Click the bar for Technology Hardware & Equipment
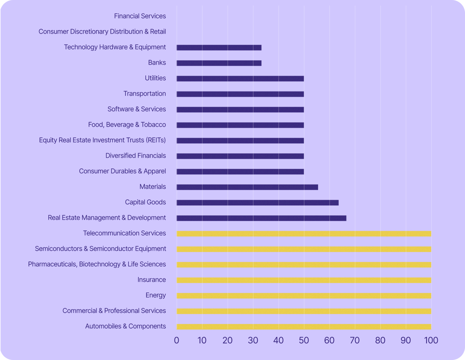tap(219, 48)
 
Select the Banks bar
tap(219, 63)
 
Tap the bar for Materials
tap(247, 187)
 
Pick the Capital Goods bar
tap(258, 203)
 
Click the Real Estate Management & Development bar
tap(261, 218)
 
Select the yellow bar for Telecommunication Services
tap(304, 234)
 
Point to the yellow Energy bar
tap(304, 296)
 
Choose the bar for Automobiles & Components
tap(304, 327)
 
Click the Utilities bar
tap(240, 79)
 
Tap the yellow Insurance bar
tap(304, 280)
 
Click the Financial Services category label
tap(140, 16)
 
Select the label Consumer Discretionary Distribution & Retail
tap(102, 31)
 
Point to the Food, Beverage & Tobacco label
tap(127, 124)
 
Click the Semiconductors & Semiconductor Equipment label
tap(100, 248)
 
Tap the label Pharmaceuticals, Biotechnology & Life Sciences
tap(97, 264)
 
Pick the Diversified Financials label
tap(135, 155)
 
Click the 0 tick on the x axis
tap(176, 340)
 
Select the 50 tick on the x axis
tap(304, 340)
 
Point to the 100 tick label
tap(431, 340)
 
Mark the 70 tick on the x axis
tap(355, 340)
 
